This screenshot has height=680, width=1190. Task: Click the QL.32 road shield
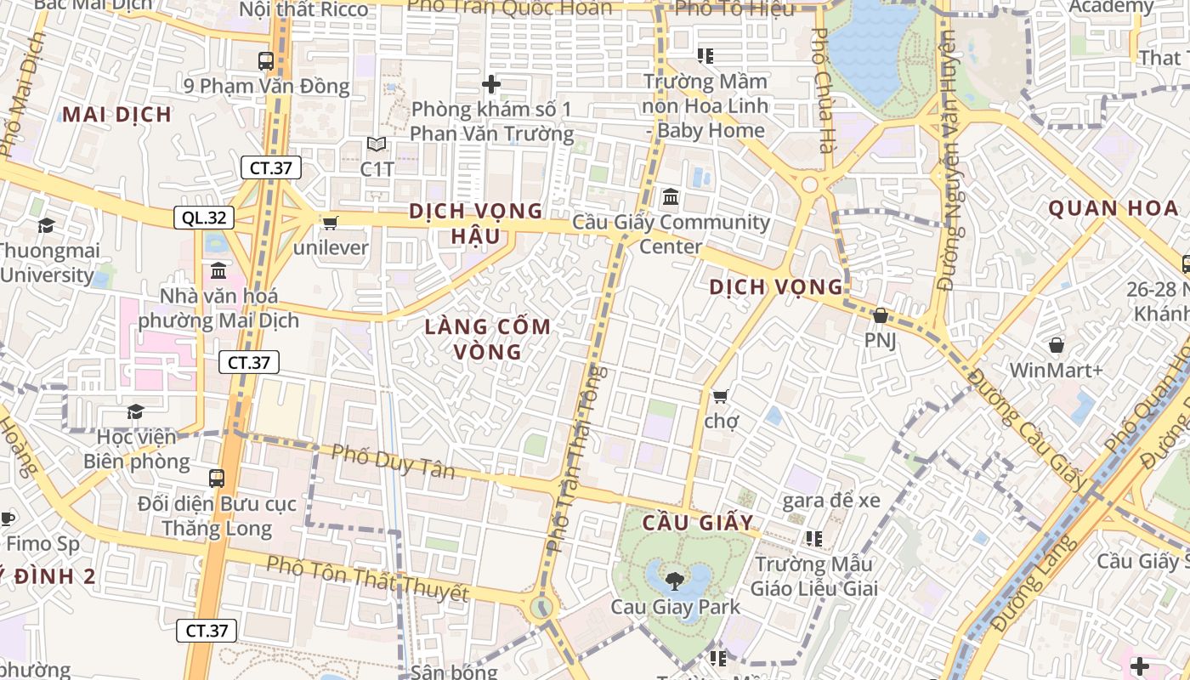pos(204,218)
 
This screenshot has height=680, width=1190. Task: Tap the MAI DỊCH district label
pos(117,114)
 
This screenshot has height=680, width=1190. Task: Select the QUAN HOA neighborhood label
pos(1113,208)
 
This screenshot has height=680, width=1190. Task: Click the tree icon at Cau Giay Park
pos(675,581)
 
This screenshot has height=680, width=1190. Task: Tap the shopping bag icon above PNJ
pos(881,315)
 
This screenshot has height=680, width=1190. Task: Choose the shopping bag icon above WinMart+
pos(1057,345)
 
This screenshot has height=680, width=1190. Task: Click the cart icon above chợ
pos(721,395)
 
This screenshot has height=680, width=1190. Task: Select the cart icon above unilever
pos(330,223)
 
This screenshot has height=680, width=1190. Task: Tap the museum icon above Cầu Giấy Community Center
pos(671,197)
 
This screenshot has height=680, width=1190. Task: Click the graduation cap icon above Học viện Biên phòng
pos(135,412)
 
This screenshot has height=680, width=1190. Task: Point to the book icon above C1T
pos(377,144)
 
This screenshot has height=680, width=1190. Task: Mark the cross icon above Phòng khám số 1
pos(490,84)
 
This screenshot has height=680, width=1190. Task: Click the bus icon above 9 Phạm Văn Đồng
pos(266,60)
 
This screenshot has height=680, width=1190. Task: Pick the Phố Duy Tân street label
pos(393,462)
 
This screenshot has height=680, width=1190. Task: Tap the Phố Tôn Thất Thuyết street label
pos(366,579)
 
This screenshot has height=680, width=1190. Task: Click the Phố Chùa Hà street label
pos(821,90)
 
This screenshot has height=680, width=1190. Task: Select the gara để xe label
pos(831,500)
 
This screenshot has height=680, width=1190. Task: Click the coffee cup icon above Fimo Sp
pos(7,518)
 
